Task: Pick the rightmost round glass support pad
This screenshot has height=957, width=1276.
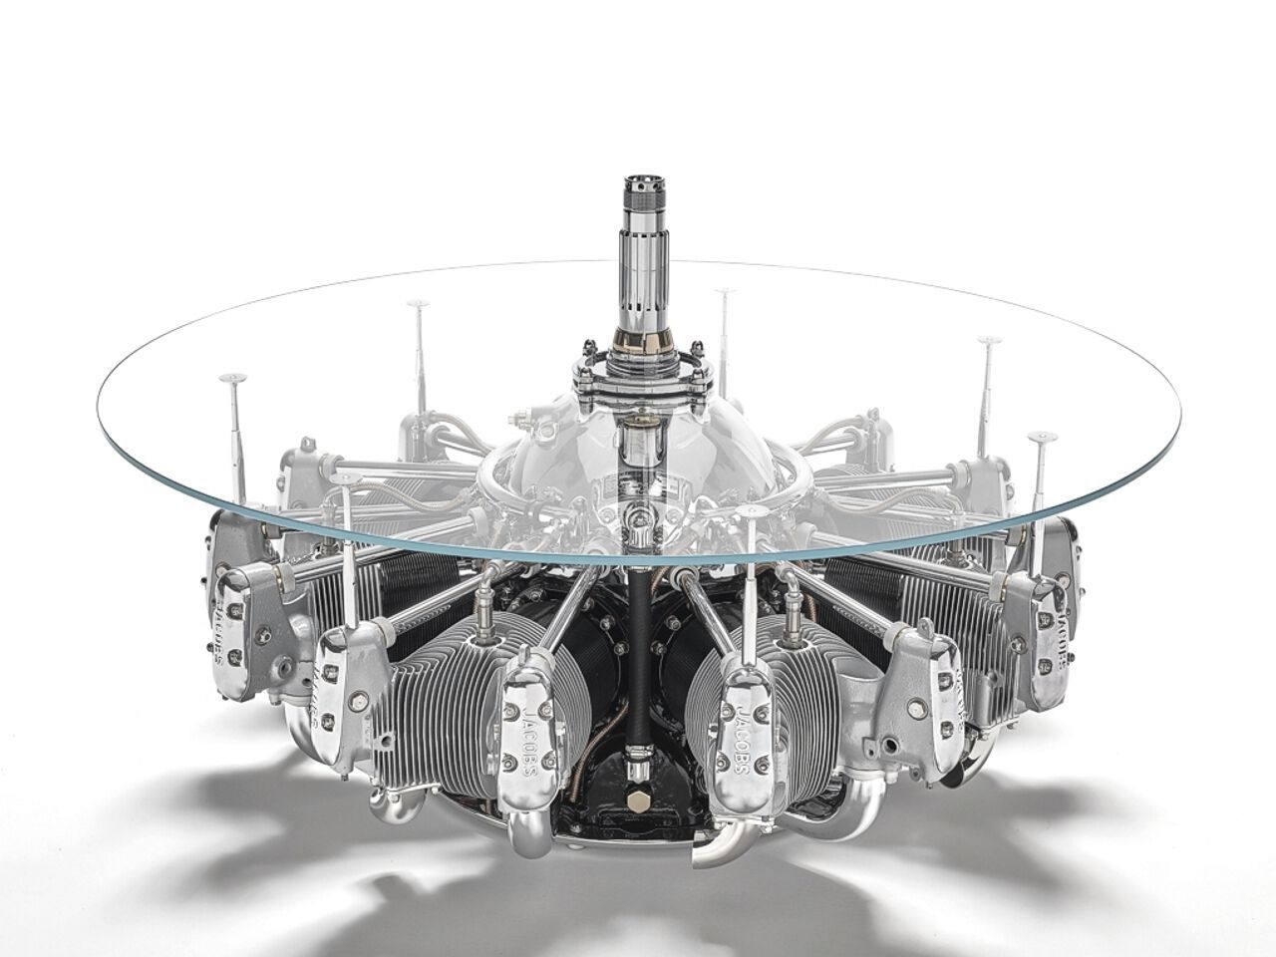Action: [x=1042, y=437]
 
